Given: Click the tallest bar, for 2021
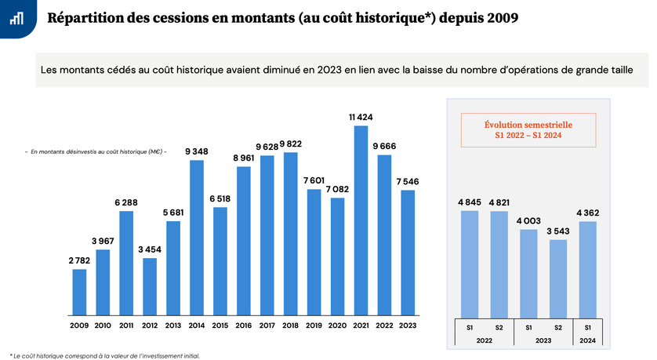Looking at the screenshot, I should (x=361, y=220).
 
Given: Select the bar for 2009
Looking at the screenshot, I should (x=79, y=291).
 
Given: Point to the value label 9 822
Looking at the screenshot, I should (x=290, y=144).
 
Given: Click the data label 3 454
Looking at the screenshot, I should (x=150, y=249).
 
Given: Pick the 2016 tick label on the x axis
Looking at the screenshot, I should (x=243, y=325).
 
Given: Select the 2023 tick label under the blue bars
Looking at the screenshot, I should (x=408, y=325).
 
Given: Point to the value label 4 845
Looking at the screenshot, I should (x=470, y=202).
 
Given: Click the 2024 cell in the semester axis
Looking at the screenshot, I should (x=587, y=340).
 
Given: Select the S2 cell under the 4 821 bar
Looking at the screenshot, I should (x=499, y=326).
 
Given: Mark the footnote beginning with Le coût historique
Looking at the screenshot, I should (x=105, y=355).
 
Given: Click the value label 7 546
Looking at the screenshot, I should (x=408, y=181).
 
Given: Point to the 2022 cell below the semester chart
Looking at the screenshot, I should (x=484, y=340).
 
